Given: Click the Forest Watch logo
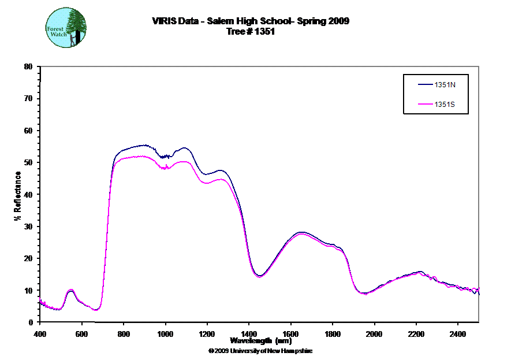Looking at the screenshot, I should coord(66,27).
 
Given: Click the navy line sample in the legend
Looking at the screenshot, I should coord(425,84).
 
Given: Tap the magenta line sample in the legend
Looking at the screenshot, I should coord(425,105).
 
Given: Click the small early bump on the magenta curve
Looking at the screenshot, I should coord(70,290).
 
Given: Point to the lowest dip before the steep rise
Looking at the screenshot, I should coord(96,310).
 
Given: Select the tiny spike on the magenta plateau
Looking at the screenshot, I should coord(167,166).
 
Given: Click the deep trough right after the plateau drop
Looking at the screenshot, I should coord(260,277).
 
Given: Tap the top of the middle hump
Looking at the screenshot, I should coord(301,233).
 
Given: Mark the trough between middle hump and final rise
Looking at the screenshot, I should coord(364,294).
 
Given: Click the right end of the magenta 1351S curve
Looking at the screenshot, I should coord(479,288).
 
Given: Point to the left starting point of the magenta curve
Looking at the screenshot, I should coord(40,297).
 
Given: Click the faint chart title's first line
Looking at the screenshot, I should coord(249,21).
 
